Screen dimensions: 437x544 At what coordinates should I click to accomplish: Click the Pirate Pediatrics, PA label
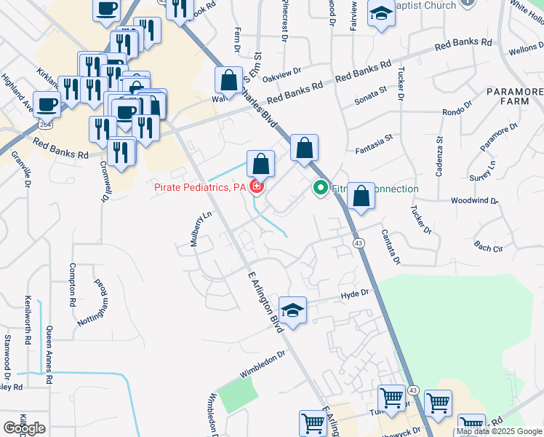click(x=200, y=188)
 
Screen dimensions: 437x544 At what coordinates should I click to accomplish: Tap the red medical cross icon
click(x=256, y=189)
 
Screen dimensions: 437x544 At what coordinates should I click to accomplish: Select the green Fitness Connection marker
click(x=319, y=189)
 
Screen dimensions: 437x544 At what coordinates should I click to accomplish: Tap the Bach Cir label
click(x=488, y=248)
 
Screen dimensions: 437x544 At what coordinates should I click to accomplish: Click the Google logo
click(x=24, y=428)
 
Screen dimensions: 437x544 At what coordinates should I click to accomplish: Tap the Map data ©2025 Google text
click(x=499, y=432)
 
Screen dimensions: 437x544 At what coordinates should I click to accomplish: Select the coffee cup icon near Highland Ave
click(x=47, y=103)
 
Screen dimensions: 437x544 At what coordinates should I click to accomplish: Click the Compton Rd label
click(x=73, y=284)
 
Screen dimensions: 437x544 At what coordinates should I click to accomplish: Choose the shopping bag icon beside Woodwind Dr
click(x=361, y=196)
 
